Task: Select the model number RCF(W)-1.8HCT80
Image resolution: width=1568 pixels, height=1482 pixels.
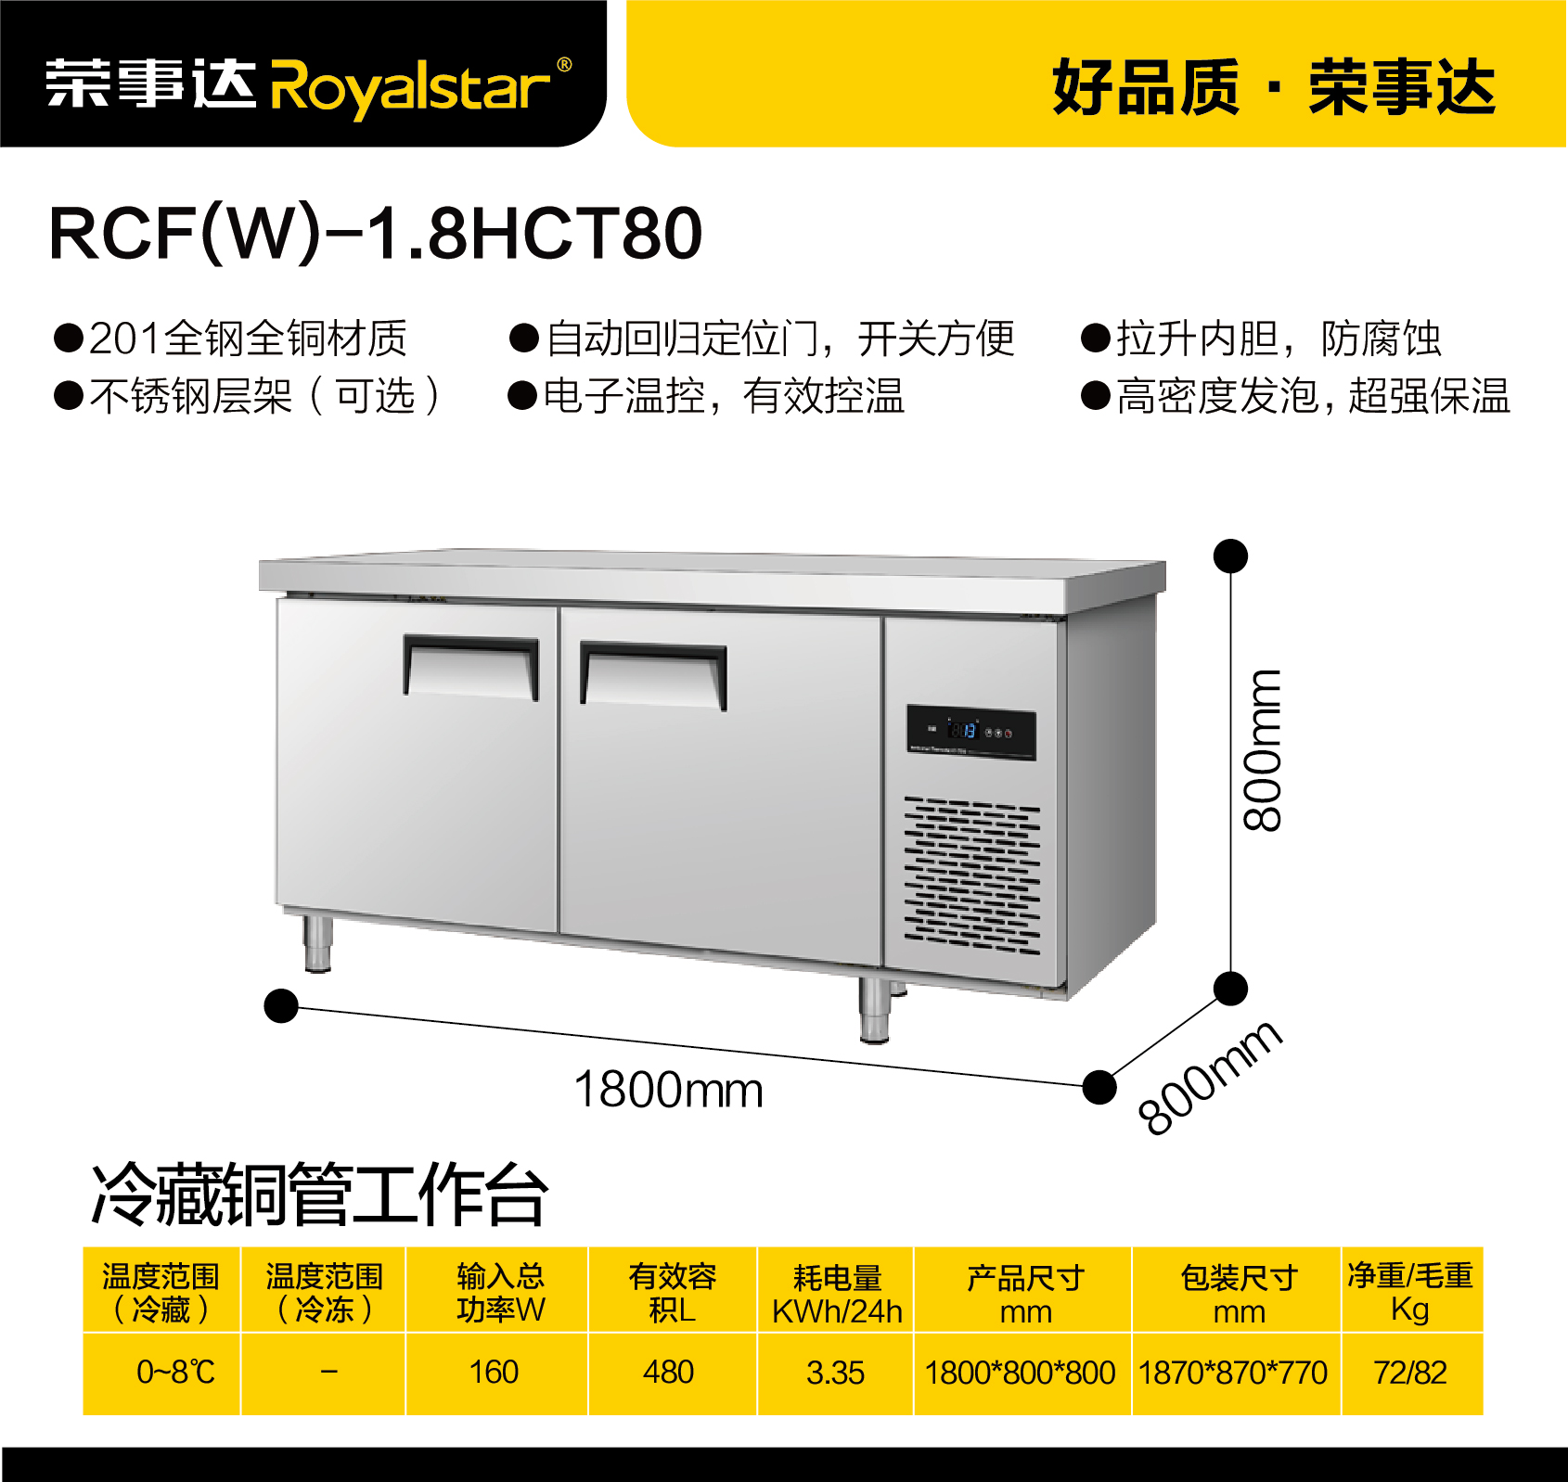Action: tap(376, 233)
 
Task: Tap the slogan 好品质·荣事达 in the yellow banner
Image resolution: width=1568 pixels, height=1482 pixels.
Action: tap(1273, 87)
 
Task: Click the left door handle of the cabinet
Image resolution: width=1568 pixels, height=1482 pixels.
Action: tap(470, 667)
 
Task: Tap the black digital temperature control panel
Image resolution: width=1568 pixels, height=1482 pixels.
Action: tap(970, 733)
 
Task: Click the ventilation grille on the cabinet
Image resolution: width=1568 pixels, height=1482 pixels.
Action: tap(972, 875)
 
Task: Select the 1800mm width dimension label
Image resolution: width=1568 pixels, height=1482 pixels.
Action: tap(668, 1090)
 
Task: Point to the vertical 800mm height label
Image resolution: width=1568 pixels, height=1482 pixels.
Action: tap(1262, 749)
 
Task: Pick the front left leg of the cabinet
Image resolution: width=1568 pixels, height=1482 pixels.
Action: tap(318, 943)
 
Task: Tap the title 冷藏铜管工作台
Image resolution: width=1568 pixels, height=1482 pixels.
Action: tap(319, 1195)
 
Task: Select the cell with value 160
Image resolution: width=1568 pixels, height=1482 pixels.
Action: tap(495, 1372)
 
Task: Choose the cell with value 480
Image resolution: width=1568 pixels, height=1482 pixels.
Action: tap(669, 1372)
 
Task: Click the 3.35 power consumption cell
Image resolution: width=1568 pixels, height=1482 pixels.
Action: tap(835, 1372)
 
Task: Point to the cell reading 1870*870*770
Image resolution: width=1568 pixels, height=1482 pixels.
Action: tap(1233, 1372)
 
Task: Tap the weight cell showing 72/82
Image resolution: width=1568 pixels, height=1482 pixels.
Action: tap(1410, 1372)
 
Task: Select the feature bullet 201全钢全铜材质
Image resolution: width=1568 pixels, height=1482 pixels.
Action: tap(231, 338)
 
